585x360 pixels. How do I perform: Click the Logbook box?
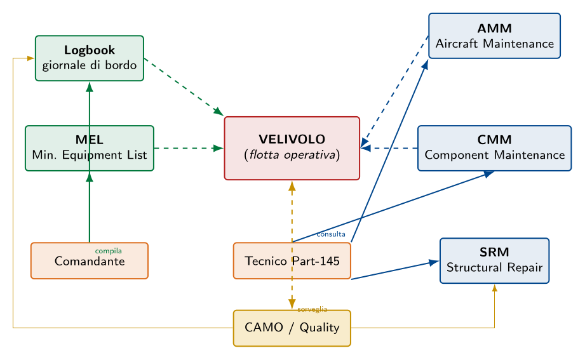[x=90, y=58]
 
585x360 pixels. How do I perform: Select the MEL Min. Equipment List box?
[x=90, y=148]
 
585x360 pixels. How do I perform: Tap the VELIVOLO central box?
[x=292, y=148]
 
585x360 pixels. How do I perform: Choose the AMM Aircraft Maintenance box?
[x=494, y=36]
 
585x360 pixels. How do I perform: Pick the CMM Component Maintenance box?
[x=494, y=148]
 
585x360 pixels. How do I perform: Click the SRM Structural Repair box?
[x=494, y=261]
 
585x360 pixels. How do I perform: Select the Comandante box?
[x=90, y=261]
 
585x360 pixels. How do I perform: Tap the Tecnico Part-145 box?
[x=292, y=261]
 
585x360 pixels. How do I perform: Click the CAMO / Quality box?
[x=292, y=328]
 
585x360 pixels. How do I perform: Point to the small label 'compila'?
[x=108, y=251]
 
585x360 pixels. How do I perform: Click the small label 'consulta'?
[x=330, y=234]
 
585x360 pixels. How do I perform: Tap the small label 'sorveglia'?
[x=313, y=309]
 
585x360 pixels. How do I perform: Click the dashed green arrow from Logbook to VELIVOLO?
[x=184, y=87]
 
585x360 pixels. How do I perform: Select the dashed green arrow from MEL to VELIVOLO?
[x=189, y=148]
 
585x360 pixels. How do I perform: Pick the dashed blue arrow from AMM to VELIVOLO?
[x=394, y=92]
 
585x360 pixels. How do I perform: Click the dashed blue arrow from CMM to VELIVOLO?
[x=389, y=148]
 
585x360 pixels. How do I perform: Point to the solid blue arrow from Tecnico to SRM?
[x=395, y=270]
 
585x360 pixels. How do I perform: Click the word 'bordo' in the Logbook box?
[x=121, y=65]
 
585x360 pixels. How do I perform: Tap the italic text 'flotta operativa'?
[x=292, y=154]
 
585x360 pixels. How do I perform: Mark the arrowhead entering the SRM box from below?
[x=494, y=288]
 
